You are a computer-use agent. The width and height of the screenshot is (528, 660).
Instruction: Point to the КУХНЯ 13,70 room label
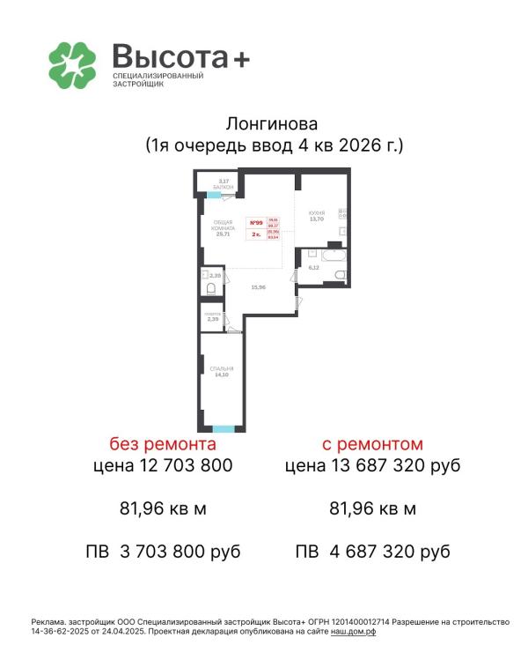(317, 216)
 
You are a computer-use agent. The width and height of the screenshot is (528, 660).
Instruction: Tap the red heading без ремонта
(163, 443)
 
